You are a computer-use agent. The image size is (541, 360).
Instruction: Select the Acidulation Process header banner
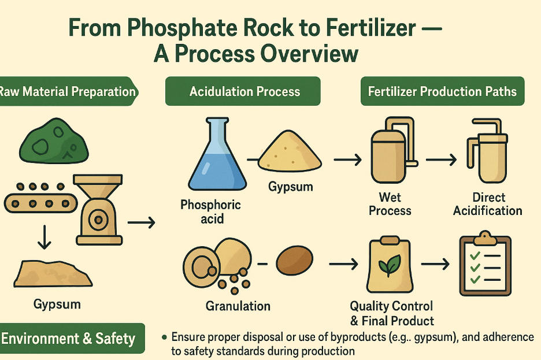pos(243,91)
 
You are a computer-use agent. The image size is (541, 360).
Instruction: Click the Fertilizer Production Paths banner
pos(442,91)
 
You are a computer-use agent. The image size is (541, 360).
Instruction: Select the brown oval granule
pos(295,261)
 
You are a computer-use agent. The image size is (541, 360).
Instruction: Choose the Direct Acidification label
pos(488,204)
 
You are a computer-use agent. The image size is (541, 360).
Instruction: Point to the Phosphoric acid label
pos(210,211)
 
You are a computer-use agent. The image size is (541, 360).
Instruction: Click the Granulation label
pos(238,306)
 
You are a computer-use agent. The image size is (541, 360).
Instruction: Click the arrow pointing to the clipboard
pos(435,264)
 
